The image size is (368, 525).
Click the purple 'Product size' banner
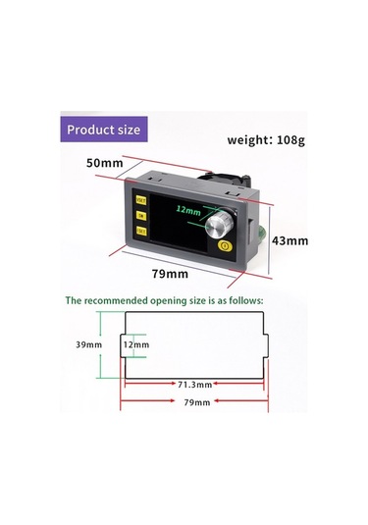[104, 129]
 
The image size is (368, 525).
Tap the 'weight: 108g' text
[266, 139]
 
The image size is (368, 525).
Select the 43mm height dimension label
[289, 239]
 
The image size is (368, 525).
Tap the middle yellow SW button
[141, 213]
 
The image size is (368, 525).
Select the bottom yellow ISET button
[142, 231]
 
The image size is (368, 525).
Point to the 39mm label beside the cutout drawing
[89, 344]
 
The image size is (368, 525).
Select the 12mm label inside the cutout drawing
[135, 344]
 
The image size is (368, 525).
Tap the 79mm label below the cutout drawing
[196, 402]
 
